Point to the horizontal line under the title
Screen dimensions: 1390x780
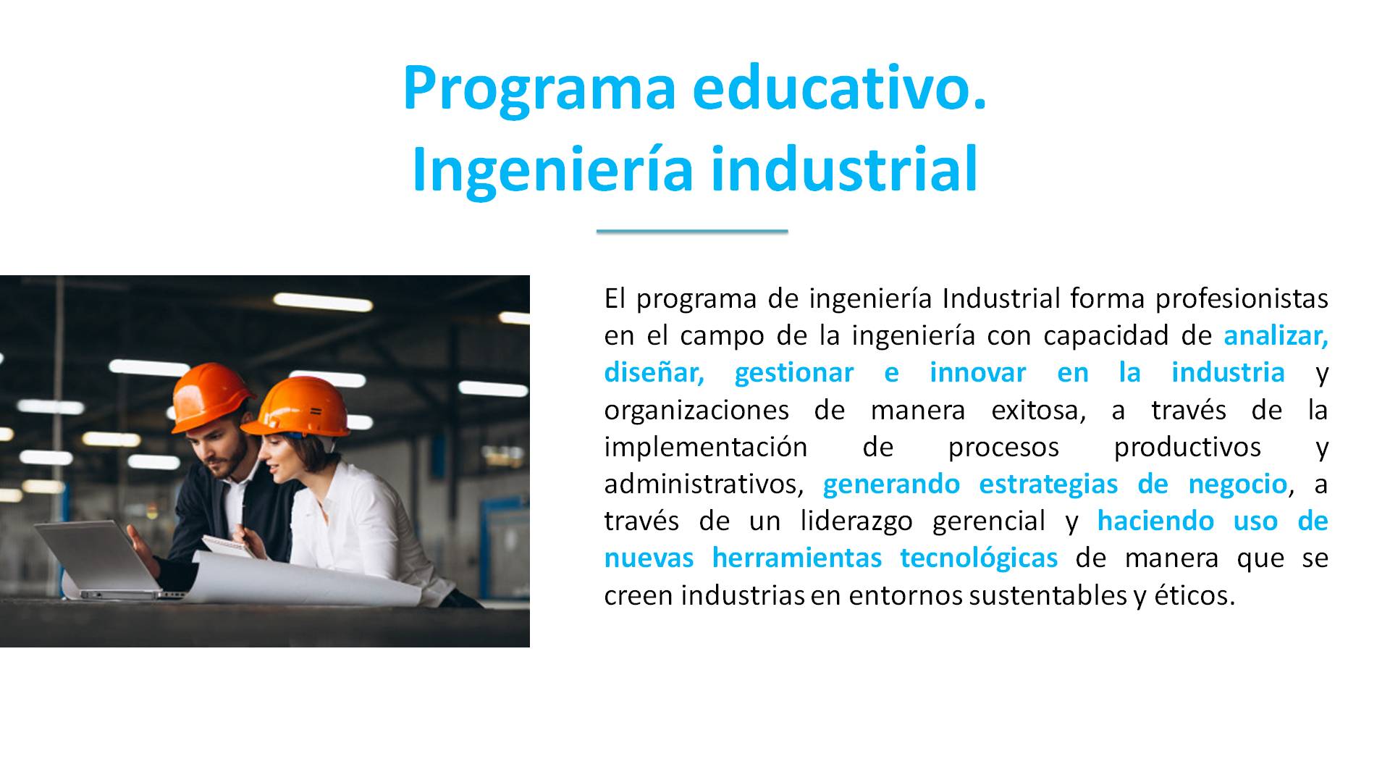click(x=692, y=231)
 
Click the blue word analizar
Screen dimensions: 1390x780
click(x=1276, y=336)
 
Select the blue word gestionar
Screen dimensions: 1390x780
click(x=794, y=374)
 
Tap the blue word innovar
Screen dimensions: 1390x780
click(x=977, y=373)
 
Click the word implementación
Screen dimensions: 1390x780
click(x=706, y=448)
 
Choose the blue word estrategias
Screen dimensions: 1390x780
click(x=1048, y=485)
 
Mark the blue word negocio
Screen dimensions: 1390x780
click(x=1237, y=485)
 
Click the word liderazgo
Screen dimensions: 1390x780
click(x=856, y=521)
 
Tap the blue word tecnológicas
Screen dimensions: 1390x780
click(x=979, y=558)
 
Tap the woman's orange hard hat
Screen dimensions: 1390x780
click(x=298, y=408)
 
